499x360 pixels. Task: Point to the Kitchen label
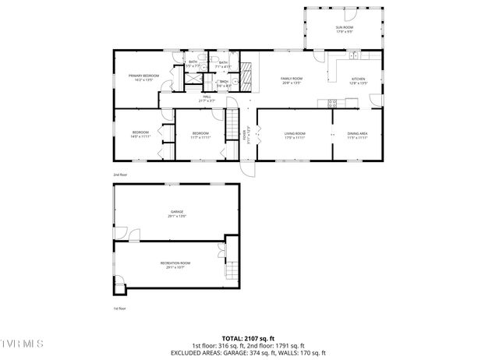(358, 80)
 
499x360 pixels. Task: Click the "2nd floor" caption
(119, 175)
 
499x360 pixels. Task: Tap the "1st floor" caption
(119, 309)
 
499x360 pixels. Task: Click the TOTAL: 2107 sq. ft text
(249, 337)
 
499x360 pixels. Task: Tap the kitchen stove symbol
(332, 102)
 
